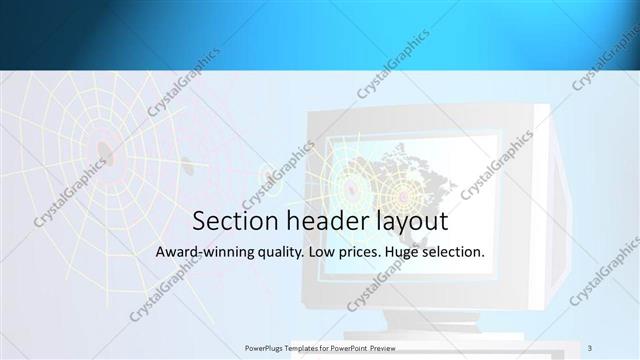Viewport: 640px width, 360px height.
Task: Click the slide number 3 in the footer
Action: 590,348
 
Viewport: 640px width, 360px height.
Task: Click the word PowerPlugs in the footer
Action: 264,349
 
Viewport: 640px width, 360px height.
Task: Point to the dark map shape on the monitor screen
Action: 420,170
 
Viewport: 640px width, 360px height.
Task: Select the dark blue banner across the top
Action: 320,35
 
